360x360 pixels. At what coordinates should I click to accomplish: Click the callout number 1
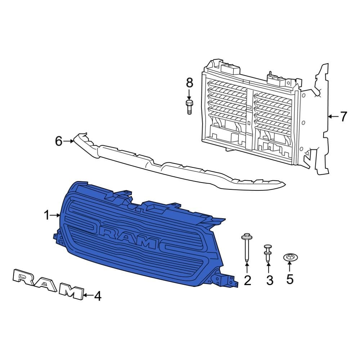pos(46,215)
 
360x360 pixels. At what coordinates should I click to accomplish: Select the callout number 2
pos(247,280)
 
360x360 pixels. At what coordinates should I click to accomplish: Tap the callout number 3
pos(270,280)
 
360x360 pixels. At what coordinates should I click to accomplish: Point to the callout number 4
pos(98,296)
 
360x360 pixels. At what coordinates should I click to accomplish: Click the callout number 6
pos(59,141)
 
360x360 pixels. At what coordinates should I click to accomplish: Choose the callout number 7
pos(343,116)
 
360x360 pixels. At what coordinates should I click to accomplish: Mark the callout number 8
pos(189,82)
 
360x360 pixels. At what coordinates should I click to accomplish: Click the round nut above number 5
pos(290,258)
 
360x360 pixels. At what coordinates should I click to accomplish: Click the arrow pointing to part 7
pos(333,116)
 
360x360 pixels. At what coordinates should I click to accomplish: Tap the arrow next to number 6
pos(68,141)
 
